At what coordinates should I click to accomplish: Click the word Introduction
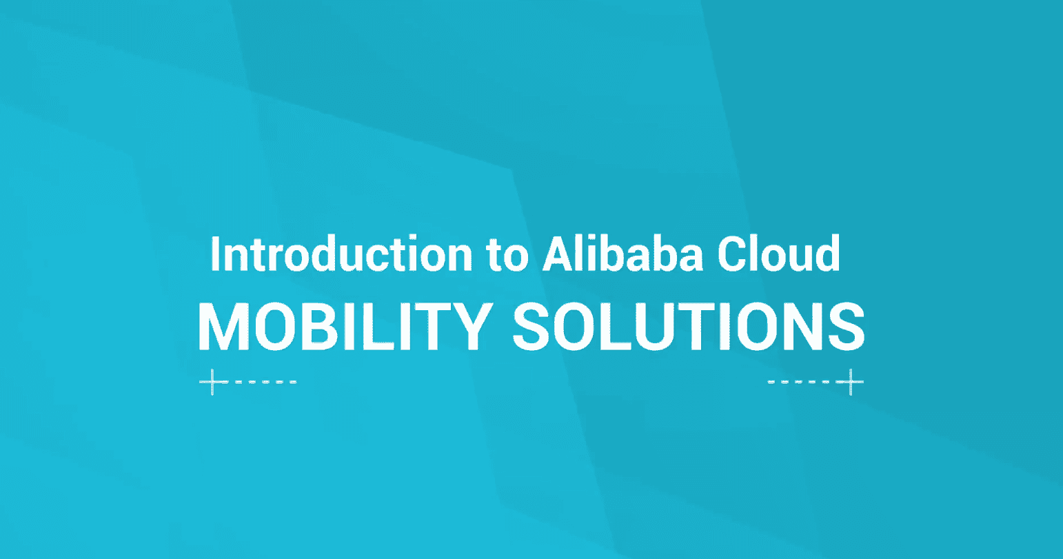[341, 254]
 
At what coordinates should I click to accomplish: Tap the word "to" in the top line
[507, 256]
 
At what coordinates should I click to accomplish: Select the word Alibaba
[622, 254]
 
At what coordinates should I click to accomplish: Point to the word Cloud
[779, 254]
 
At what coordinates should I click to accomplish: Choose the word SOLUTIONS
[689, 327]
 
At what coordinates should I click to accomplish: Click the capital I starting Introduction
[215, 254]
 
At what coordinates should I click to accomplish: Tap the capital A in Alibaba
[558, 254]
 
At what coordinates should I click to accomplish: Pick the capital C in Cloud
[731, 254]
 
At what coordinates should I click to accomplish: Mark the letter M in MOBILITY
[223, 327]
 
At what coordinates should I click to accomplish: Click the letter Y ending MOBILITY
[470, 327]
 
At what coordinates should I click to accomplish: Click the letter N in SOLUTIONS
[803, 327]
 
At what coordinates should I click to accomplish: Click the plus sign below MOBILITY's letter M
[212, 382]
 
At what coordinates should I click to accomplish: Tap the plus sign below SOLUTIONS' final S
[851, 382]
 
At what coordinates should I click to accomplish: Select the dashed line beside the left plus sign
[266, 382]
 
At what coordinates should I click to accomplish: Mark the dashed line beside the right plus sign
[798, 382]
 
